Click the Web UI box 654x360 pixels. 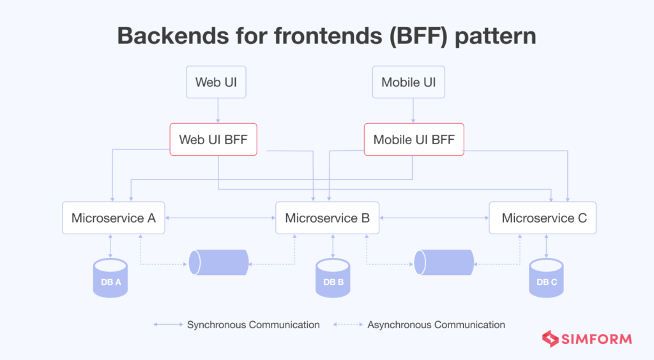pos(217,82)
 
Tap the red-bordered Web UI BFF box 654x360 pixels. pos(213,139)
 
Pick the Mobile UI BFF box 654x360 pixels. pos(413,139)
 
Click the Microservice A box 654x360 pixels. pos(114,218)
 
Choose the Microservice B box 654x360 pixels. pos(327,218)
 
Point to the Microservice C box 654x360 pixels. pos(544,218)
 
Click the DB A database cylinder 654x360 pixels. pos(110,278)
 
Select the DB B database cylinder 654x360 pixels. pos(333,278)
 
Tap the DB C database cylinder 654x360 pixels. pos(546,278)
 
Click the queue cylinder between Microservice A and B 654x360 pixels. pos(218,262)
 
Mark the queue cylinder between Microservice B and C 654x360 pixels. pos(444,262)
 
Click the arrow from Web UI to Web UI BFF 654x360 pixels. pos(218,110)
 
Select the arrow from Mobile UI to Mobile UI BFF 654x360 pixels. pos(413,110)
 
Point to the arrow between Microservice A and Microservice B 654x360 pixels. pos(220,218)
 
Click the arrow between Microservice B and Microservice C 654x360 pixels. pos(434,218)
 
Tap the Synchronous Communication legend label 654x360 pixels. pos(253,325)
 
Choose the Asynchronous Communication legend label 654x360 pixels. pos(436,325)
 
